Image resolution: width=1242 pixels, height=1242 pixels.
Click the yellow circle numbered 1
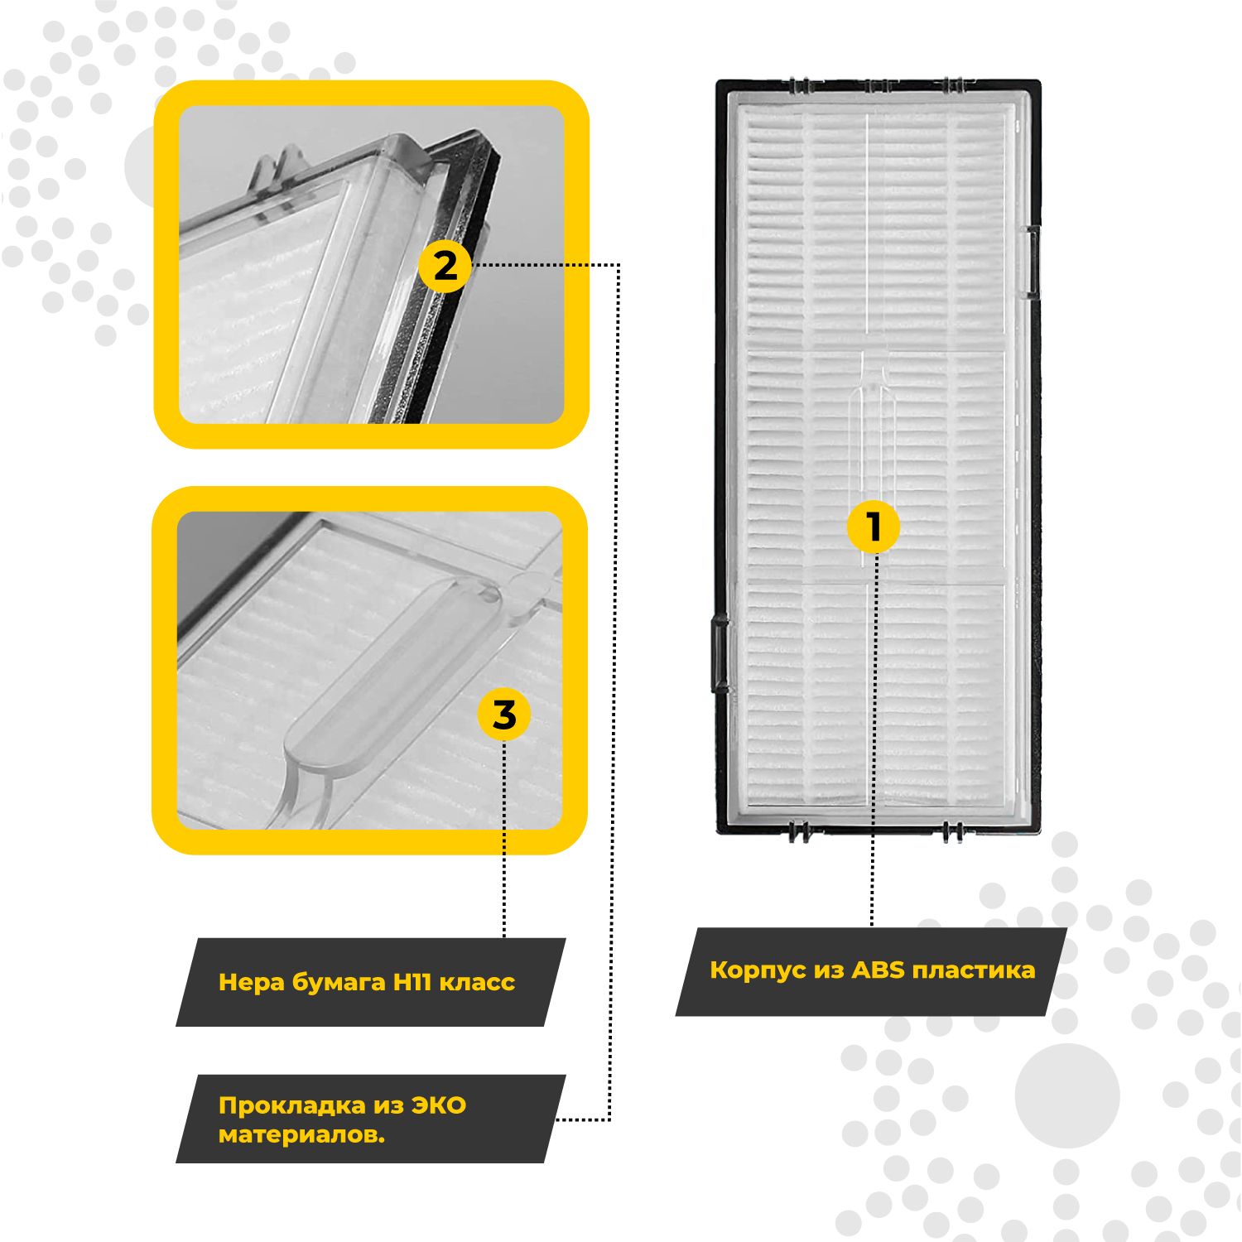pos(873,527)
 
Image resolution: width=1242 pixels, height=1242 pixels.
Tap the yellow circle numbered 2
pos(445,267)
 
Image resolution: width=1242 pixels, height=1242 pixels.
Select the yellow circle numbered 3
pos(504,715)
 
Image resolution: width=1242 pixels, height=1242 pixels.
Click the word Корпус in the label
pos(757,970)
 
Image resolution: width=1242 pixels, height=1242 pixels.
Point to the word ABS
pos(879,970)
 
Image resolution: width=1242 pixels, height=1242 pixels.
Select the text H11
pos(412,982)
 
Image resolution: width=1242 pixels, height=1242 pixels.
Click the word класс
pos(477,983)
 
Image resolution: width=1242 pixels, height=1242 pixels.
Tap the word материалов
pos(301,1134)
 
